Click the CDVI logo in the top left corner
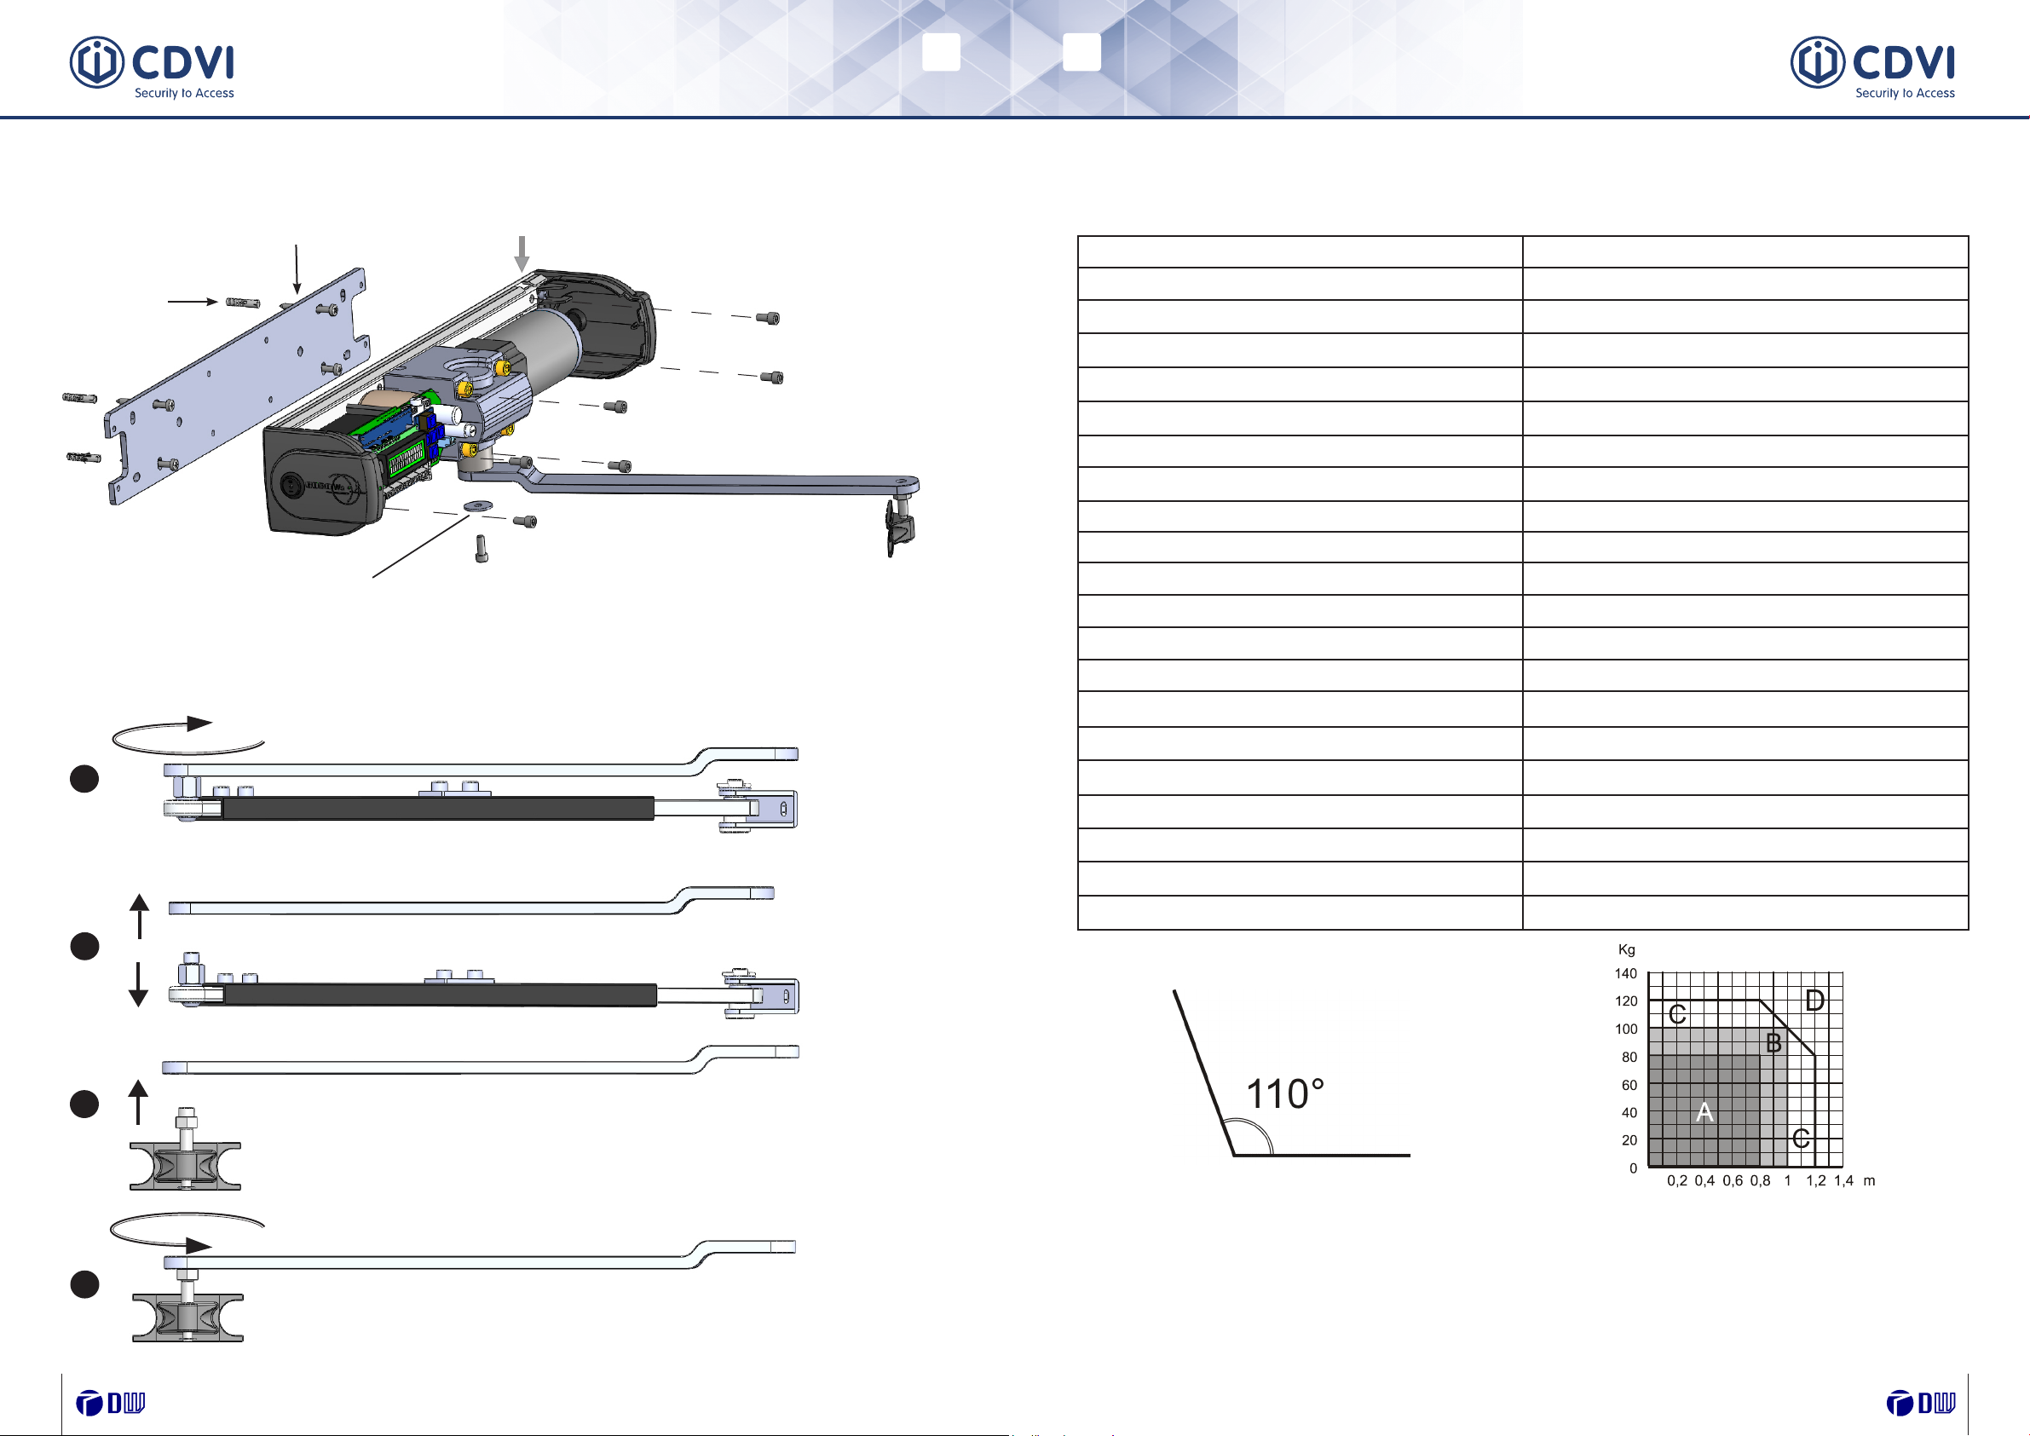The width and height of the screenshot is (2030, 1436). point(152,67)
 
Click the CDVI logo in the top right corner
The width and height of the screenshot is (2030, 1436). point(1872,67)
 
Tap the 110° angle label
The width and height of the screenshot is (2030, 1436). point(1284,1093)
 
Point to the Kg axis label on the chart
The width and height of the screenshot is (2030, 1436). point(1627,949)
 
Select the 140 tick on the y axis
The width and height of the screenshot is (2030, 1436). point(1626,973)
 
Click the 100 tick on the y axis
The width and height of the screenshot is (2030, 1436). point(1626,1029)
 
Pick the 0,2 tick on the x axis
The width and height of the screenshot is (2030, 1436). point(1677,1181)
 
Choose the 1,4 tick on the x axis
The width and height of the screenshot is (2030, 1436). point(1843,1181)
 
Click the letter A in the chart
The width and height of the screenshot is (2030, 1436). point(1704,1112)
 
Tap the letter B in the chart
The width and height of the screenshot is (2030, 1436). point(1773,1043)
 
